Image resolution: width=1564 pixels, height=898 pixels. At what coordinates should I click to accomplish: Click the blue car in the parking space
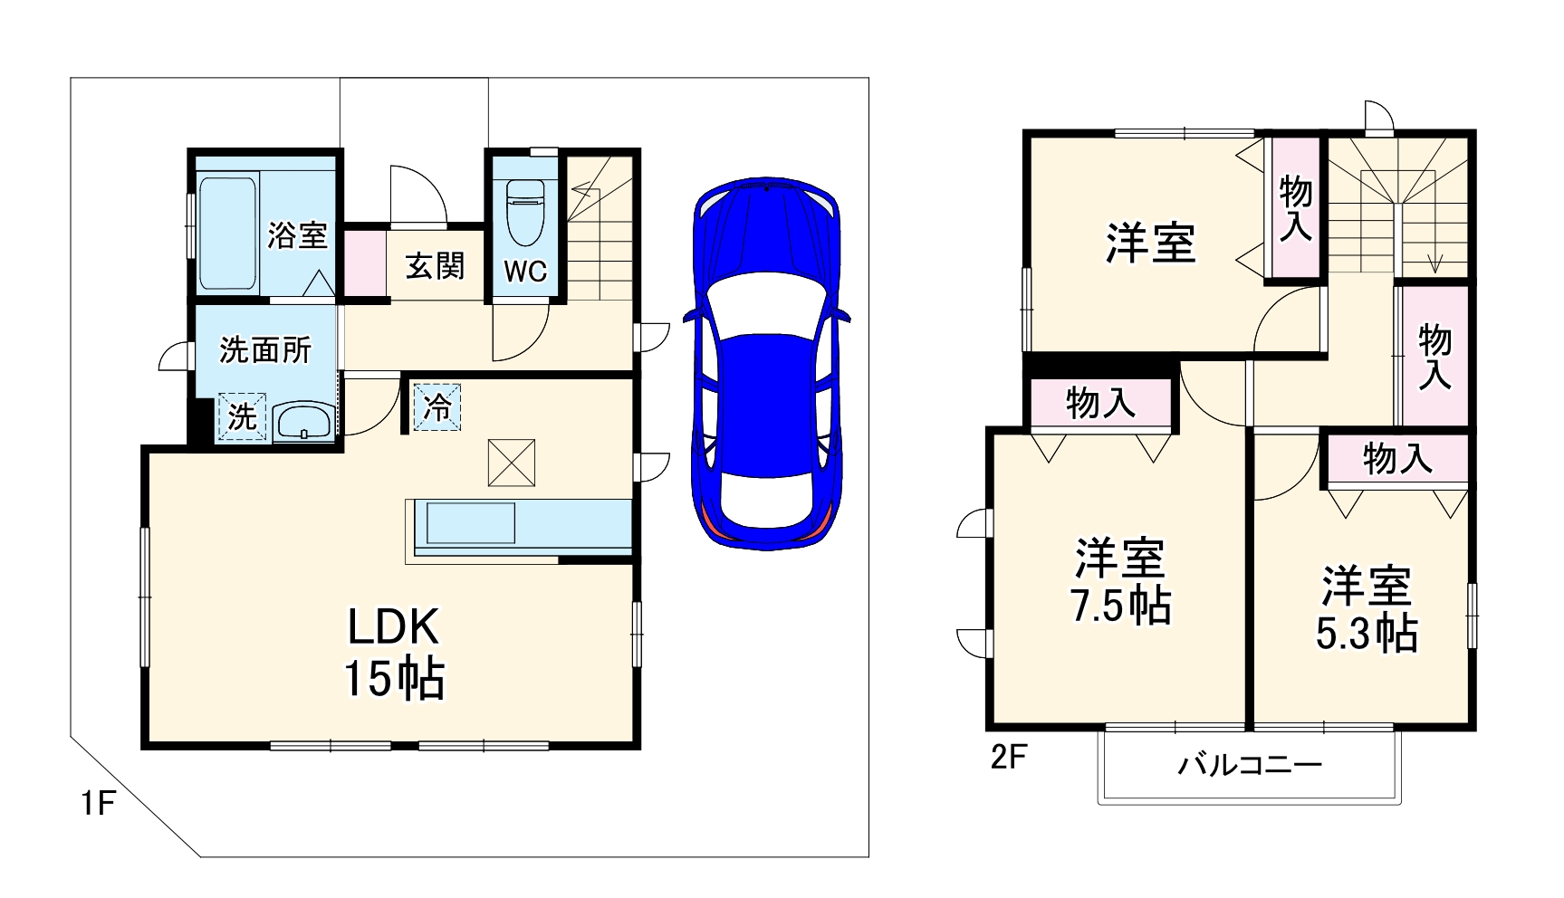[x=767, y=362]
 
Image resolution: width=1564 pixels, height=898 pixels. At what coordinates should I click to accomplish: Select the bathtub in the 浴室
[x=226, y=233]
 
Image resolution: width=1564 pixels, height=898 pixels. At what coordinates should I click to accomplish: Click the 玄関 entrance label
[x=435, y=266]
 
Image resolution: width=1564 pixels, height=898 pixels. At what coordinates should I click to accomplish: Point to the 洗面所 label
[x=265, y=349]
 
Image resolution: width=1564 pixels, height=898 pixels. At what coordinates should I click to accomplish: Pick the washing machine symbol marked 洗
[x=242, y=416]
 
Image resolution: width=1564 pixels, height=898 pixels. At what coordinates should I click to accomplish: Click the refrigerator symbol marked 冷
[x=437, y=406]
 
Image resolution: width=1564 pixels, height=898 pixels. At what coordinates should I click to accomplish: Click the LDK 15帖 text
[x=394, y=652]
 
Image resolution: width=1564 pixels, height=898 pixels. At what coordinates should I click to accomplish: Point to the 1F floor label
[x=97, y=803]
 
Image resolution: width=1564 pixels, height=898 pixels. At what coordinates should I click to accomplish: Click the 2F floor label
[x=1008, y=757]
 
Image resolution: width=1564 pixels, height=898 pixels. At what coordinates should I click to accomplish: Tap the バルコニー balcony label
[x=1250, y=765]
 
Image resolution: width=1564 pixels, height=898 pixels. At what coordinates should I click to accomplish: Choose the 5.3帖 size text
[x=1367, y=634]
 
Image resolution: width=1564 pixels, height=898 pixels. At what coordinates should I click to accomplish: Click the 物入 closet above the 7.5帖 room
[x=1100, y=402]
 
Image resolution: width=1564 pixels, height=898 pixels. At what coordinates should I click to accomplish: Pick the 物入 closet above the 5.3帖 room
[x=1397, y=459]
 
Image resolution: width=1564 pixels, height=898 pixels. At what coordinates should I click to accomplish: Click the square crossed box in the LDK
[x=512, y=462]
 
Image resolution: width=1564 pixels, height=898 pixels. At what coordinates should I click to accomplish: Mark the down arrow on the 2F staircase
[x=1434, y=263]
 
